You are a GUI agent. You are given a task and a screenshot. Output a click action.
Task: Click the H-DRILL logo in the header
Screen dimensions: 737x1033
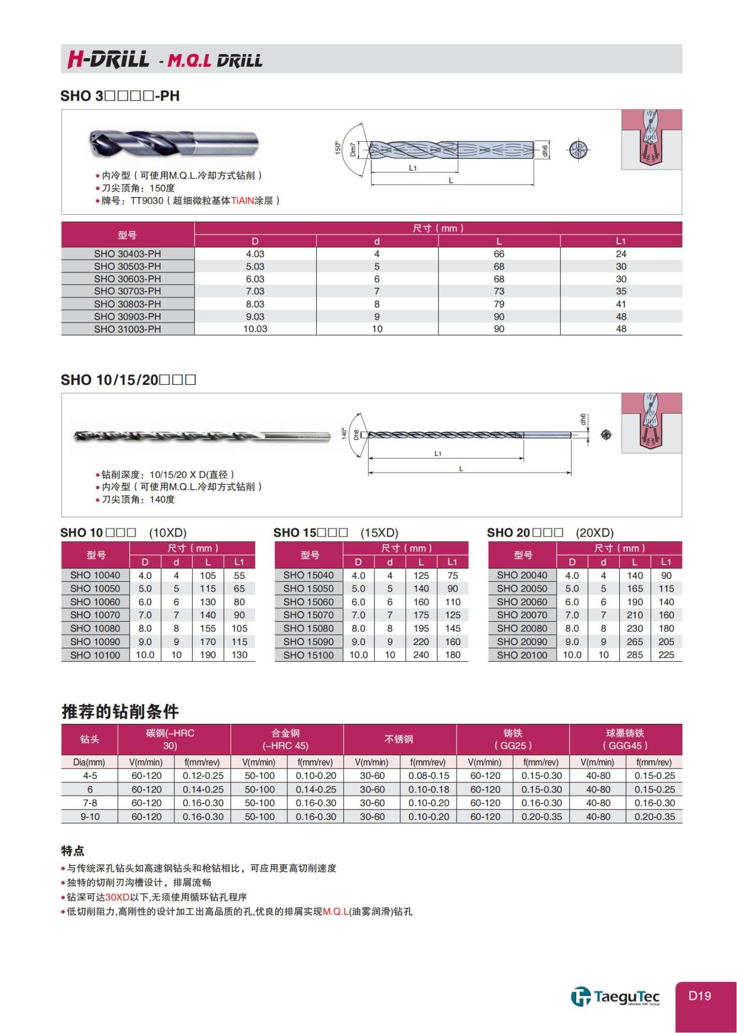108,59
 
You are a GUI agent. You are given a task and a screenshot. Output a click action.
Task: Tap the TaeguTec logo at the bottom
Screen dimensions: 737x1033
615,996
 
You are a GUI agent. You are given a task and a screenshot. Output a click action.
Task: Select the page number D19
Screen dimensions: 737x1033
699,996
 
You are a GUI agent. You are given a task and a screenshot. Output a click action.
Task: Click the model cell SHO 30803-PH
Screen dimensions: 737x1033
128,304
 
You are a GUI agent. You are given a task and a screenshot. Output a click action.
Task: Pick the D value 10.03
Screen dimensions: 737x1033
255,329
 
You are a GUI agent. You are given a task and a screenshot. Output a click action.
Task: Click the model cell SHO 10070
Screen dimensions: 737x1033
95,615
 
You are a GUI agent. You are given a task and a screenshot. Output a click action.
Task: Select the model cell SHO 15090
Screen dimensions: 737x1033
308,641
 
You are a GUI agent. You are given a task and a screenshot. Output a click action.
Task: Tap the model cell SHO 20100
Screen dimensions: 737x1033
522,655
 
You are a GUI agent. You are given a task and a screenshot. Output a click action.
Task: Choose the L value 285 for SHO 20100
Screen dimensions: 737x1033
634,655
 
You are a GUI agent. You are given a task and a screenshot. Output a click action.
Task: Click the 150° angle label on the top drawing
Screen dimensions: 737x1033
337,148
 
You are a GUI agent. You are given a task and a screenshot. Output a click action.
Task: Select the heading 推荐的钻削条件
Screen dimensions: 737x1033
120,712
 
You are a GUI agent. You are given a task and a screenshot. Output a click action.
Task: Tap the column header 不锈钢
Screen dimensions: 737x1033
399,739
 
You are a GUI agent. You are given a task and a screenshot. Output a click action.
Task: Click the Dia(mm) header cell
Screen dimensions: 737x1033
90,762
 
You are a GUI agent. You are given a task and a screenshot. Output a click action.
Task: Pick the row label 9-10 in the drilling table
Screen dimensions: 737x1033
90,816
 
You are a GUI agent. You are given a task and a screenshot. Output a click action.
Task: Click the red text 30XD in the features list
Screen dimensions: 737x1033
117,897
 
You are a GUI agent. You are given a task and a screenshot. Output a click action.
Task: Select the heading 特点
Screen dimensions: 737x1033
72,851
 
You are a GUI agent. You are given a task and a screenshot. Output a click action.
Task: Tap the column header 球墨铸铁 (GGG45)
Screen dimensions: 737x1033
625,739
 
